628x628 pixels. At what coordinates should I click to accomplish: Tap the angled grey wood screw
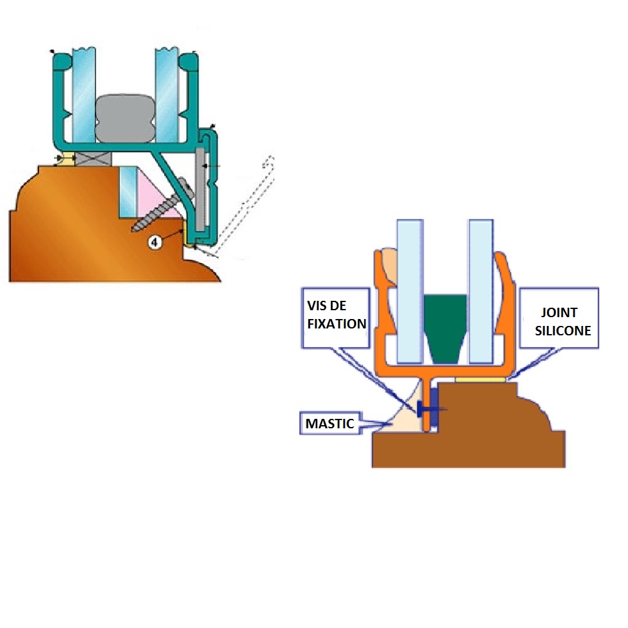(160, 207)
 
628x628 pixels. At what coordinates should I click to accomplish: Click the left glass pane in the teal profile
(83, 94)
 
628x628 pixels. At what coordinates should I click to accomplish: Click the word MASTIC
(330, 424)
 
